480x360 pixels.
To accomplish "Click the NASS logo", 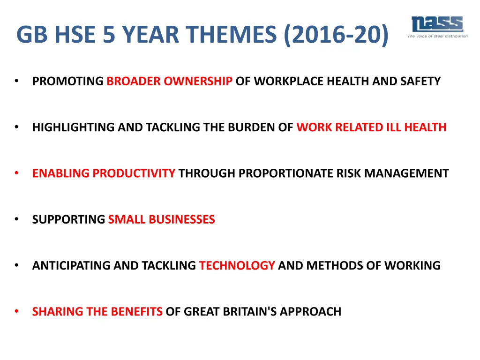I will point(437,24).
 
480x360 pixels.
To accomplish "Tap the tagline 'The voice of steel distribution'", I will point(437,36).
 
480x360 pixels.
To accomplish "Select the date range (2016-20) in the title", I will point(336,35).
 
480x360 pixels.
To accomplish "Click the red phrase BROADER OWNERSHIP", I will point(169,82).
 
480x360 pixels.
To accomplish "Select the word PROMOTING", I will point(68,82).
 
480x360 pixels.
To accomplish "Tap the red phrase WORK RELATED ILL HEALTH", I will point(371,127).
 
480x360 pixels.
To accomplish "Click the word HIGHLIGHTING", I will point(73,127).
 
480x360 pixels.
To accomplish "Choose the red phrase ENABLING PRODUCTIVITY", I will point(104,173).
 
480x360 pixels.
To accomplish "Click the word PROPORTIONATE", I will point(286,173).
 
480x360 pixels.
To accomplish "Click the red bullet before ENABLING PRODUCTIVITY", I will point(16,173).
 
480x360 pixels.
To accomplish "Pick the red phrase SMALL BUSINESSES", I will point(161,219).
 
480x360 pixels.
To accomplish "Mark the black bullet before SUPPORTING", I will point(16,219).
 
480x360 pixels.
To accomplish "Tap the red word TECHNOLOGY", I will point(237,266).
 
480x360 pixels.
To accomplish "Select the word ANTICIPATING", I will point(71,266).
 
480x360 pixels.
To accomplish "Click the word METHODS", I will point(330,266).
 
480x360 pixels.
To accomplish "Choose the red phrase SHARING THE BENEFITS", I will point(97,312).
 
